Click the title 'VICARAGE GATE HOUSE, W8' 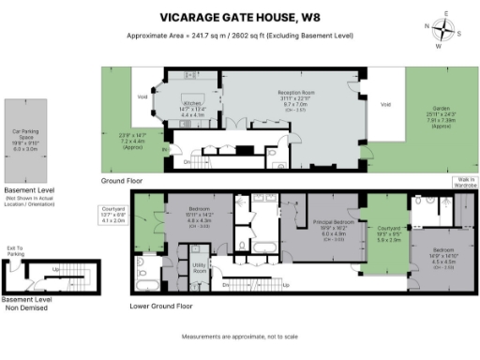(240, 16)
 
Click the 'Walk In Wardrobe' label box (464, 182)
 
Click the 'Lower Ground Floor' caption (161, 306)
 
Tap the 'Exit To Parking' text (14, 250)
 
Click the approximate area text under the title (240, 36)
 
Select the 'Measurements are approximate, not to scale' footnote (240, 336)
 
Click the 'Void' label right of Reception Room (385, 104)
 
